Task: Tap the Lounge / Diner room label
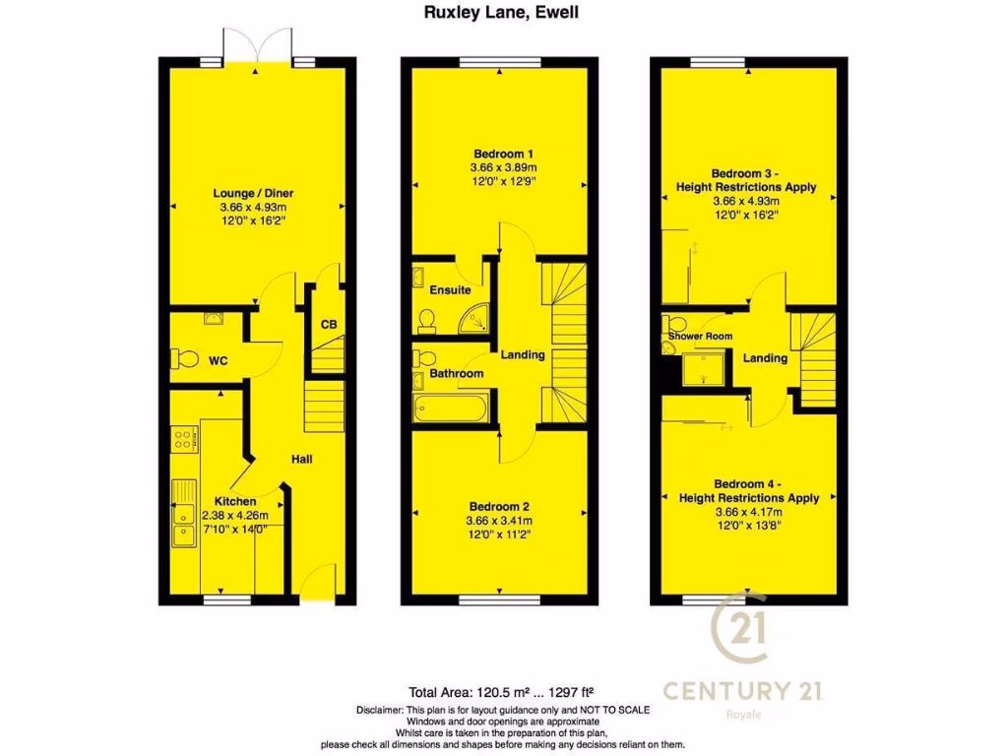(252, 193)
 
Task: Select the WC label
(218, 361)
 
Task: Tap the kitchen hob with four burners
(182, 439)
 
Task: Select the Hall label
(301, 459)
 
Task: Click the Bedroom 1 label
(503, 154)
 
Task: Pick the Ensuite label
(451, 290)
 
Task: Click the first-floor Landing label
(523, 354)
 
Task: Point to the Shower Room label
(701, 337)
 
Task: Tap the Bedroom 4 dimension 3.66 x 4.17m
(749, 512)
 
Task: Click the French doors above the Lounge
(257, 46)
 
